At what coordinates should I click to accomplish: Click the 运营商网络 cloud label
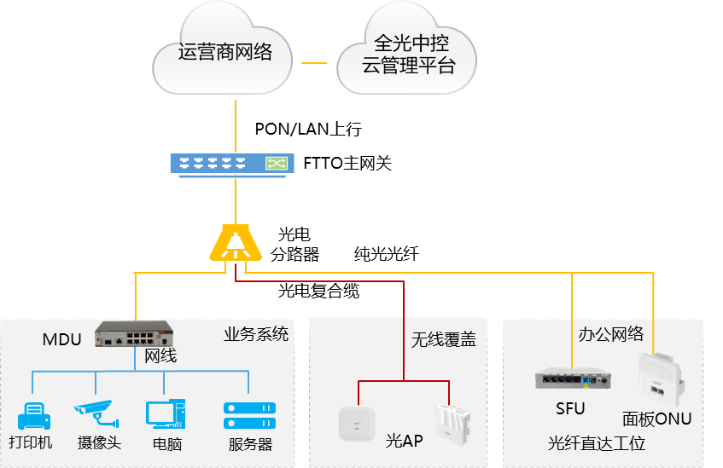tap(224, 53)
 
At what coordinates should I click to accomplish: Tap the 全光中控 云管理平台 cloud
tap(407, 54)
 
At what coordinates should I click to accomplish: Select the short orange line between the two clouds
tap(314, 63)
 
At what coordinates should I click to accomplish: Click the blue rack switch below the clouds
tap(231, 163)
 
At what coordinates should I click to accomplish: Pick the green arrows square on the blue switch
tap(277, 163)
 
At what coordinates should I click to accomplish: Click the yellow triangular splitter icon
tap(236, 243)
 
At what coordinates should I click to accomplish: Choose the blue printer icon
tap(34, 415)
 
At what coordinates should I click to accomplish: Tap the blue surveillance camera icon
tap(95, 412)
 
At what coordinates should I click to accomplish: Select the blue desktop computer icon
tap(165, 413)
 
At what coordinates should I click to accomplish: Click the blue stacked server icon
tap(249, 415)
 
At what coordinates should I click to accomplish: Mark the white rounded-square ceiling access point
tap(357, 423)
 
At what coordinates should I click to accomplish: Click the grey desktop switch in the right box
tap(573, 378)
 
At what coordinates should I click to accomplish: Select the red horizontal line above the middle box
tap(324, 282)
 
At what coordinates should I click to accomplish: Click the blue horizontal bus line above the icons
tap(141, 372)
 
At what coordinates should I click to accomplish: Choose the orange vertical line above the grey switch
tap(573, 320)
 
